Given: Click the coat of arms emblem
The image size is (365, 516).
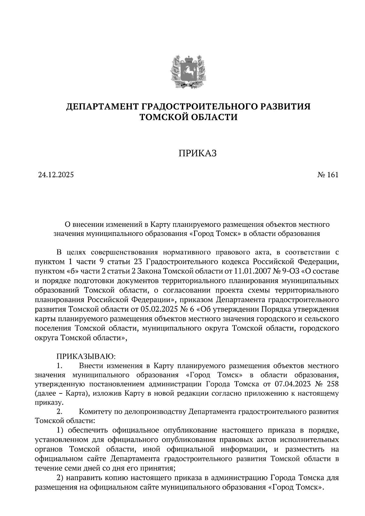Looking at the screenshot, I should click(x=188, y=71).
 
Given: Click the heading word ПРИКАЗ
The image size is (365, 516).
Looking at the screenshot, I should click(x=197, y=153).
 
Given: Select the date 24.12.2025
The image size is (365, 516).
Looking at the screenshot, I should click(x=56, y=175).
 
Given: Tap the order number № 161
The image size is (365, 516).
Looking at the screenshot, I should click(x=328, y=175).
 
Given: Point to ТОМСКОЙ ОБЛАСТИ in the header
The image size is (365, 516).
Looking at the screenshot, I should click(x=188, y=117).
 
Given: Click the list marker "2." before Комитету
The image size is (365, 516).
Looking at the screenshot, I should click(x=60, y=412).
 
